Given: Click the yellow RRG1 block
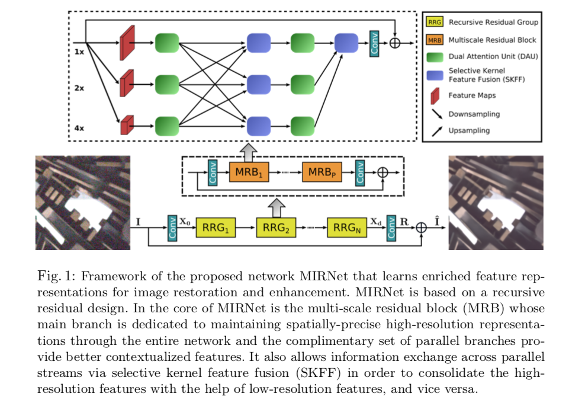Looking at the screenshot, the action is pyautogui.click(x=216, y=228).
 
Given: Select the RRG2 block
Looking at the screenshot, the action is pyautogui.click(x=276, y=228).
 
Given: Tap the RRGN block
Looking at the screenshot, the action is pyautogui.click(x=347, y=228).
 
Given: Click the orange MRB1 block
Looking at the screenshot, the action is pyautogui.click(x=249, y=172).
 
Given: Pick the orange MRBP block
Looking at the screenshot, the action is pyautogui.click(x=322, y=172).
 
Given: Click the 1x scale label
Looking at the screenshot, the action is pyautogui.click(x=79, y=52).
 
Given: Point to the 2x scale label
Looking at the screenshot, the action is pyautogui.click(x=79, y=88).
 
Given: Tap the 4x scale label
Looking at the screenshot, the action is pyautogui.click(x=79, y=128).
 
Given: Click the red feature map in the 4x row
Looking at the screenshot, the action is pyautogui.click(x=127, y=125).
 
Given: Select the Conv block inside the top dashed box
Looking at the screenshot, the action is pyautogui.click(x=374, y=44).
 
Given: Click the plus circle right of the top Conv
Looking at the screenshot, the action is pyautogui.click(x=395, y=43).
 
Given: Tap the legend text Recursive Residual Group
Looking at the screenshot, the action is pyautogui.click(x=493, y=23).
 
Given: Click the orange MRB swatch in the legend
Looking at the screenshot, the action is pyautogui.click(x=435, y=40).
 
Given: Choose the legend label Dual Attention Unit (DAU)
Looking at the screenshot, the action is pyautogui.click(x=493, y=56).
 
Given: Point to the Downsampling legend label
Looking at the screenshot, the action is pyautogui.click(x=474, y=114).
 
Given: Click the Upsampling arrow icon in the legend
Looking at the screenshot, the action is pyautogui.click(x=437, y=131).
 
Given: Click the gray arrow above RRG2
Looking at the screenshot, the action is pyautogui.click(x=277, y=208).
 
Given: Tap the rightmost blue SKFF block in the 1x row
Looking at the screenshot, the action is pyautogui.click(x=346, y=43).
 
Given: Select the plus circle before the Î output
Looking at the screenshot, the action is pyautogui.click(x=421, y=228).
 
